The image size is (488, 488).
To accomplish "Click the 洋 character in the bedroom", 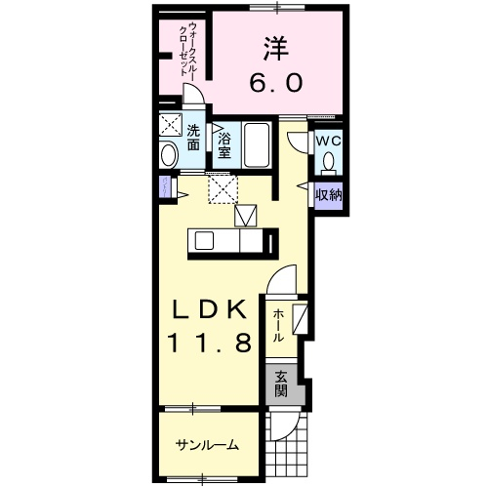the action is pyautogui.click(x=276, y=49).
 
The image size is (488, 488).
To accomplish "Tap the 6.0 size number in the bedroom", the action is pyautogui.click(x=276, y=82).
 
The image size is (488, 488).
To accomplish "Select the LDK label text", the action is pyautogui.click(x=209, y=309).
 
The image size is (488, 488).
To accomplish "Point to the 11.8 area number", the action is pyautogui.click(x=210, y=344).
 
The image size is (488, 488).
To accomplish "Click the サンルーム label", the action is pyautogui.click(x=207, y=445).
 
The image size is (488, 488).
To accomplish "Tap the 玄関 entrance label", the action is pyautogui.click(x=281, y=384).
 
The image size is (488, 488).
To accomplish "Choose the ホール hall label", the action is pyautogui.click(x=278, y=326).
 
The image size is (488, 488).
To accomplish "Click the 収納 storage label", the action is pyautogui.click(x=329, y=195).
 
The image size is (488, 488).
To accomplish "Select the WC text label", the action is pyautogui.click(x=329, y=142).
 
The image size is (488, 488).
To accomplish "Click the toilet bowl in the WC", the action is pyautogui.click(x=329, y=161).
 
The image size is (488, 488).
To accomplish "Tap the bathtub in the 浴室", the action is pyautogui.click(x=257, y=144).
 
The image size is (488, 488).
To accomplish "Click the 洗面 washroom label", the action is pyautogui.click(x=193, y=137).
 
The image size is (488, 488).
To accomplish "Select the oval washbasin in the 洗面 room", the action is pyautogui.click(x=169, y=155).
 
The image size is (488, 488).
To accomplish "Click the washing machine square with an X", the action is pyautogui.click(x=171, y=124).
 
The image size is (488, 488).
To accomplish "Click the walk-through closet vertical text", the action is pyautogui.click(x=188, y=49).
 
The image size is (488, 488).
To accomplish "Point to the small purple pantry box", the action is pyautogui.click(x=165, y=187).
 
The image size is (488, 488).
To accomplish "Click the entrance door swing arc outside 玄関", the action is pyautogui.click(x=288, y=427).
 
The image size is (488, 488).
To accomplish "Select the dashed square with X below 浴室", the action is pyautogui.click(x=224, y=188).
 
